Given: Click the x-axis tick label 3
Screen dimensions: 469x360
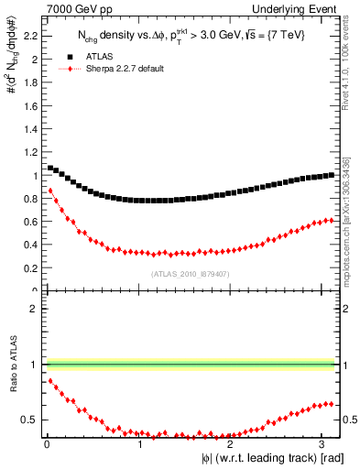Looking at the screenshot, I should [320, 443].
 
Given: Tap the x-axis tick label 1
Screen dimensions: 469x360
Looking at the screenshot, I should [139, 443].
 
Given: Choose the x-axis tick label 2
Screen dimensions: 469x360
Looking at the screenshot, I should [229, 443].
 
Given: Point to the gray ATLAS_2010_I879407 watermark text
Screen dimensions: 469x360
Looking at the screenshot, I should [190, 274].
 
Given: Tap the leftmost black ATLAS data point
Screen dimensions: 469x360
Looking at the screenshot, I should [50, 168].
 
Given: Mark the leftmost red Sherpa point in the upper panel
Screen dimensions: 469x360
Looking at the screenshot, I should [50, 191].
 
